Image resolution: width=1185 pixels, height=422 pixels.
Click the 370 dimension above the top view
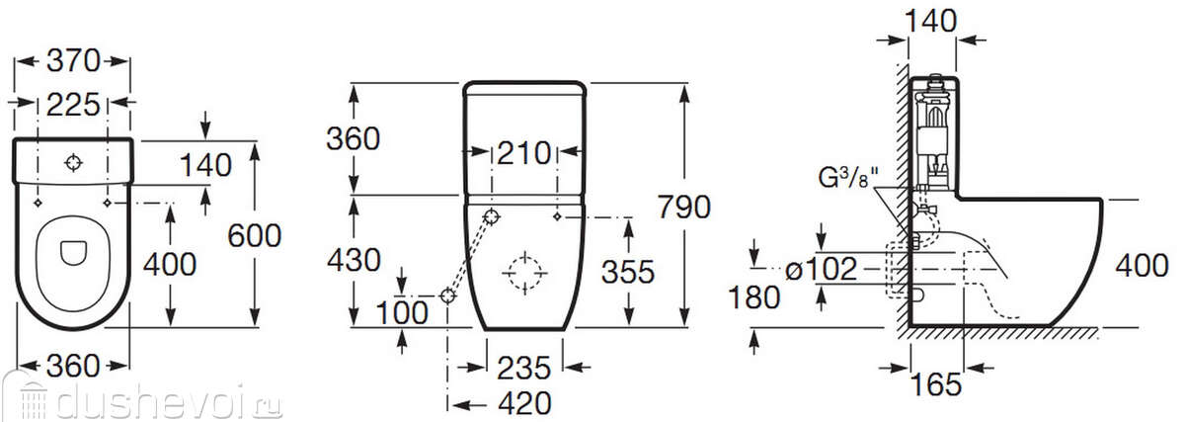[73, 61]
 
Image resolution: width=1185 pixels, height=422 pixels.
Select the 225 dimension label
[73, 105]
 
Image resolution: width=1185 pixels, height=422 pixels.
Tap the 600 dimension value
[254, 235]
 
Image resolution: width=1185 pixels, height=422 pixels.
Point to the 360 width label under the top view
[73, 366]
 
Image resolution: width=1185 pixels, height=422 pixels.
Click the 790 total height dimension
[683, 207]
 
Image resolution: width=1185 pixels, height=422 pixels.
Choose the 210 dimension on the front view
[523, 153]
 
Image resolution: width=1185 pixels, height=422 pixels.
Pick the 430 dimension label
[354, 260]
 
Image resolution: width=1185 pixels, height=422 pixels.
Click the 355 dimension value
[628, 272]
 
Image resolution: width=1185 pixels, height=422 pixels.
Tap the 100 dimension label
[402, 313]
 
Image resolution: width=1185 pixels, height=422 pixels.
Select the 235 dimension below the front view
[523, 368]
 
